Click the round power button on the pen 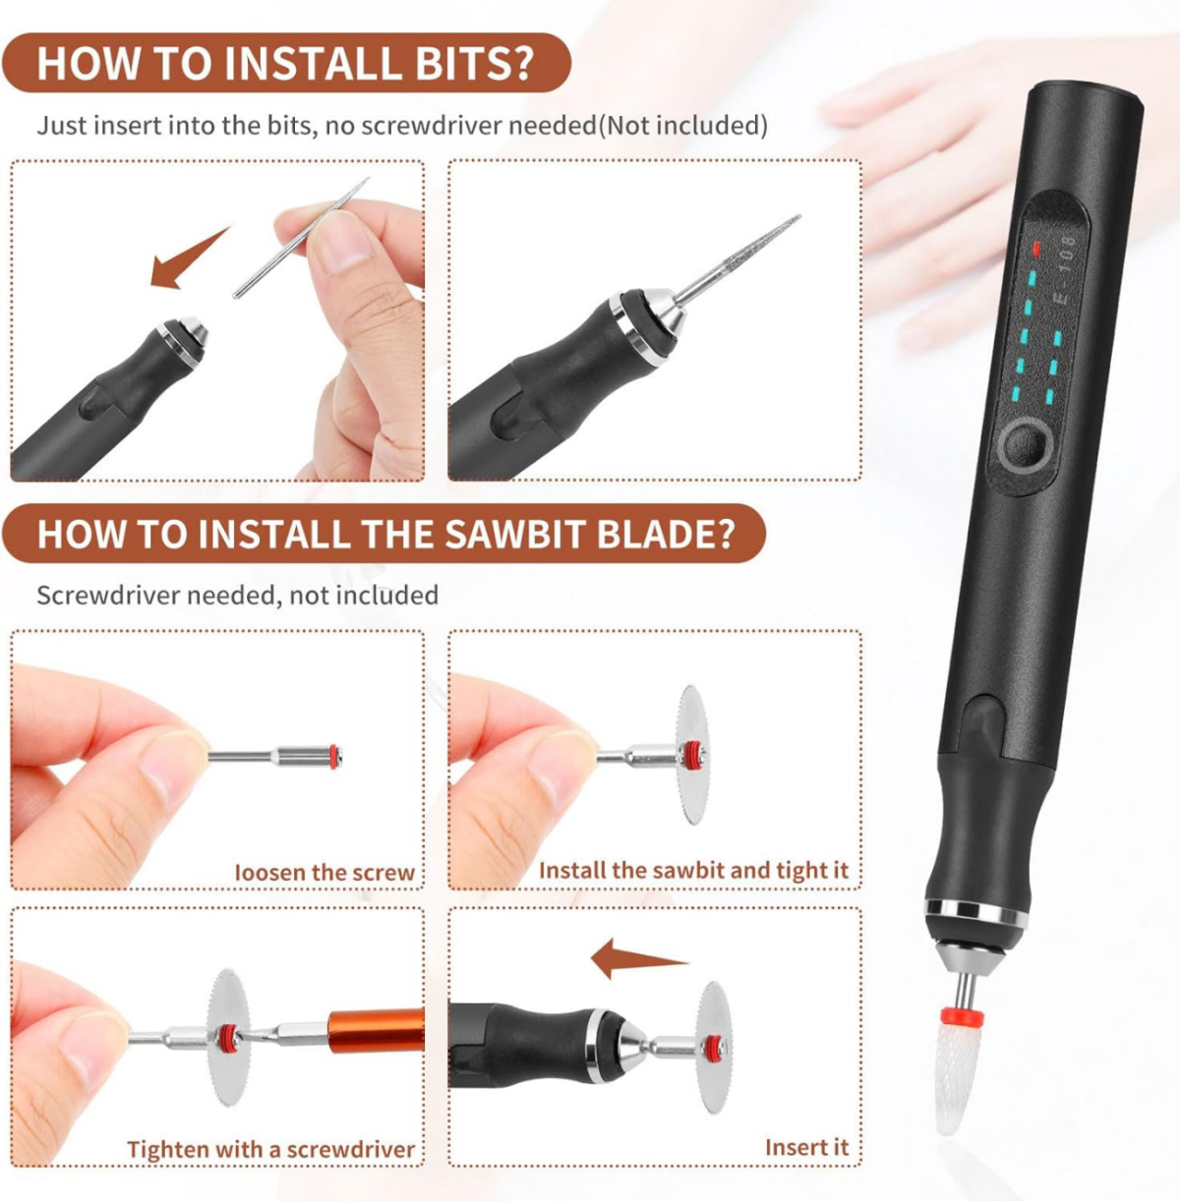coord(1026,445)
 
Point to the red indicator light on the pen coord(1035,250)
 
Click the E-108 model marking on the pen coord(1064,269)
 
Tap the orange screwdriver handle coord(376,1031)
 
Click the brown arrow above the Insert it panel coord(639,958)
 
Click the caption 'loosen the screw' coord(324,872)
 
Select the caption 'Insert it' coord(806,1147)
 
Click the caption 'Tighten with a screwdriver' coord(270,1149)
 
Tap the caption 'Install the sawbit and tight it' coord(693,870)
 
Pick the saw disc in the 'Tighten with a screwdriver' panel coord(228,1037)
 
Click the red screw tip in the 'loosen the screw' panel coord(335,757)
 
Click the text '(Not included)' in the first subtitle coord(683,125)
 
